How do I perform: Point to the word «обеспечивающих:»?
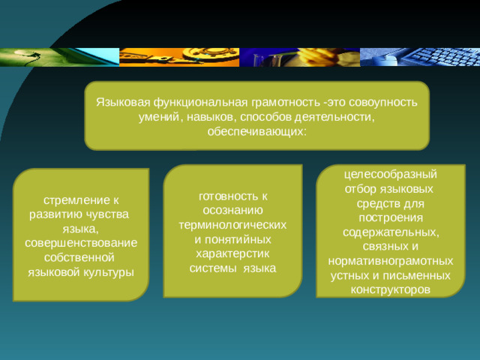[x=256, y=131]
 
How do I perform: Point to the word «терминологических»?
[x=234, y=224]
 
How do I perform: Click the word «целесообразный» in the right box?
[x=390, y=173]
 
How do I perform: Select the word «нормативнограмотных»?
[x=390, y=260]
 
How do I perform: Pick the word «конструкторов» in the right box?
[x=390, y=289]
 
